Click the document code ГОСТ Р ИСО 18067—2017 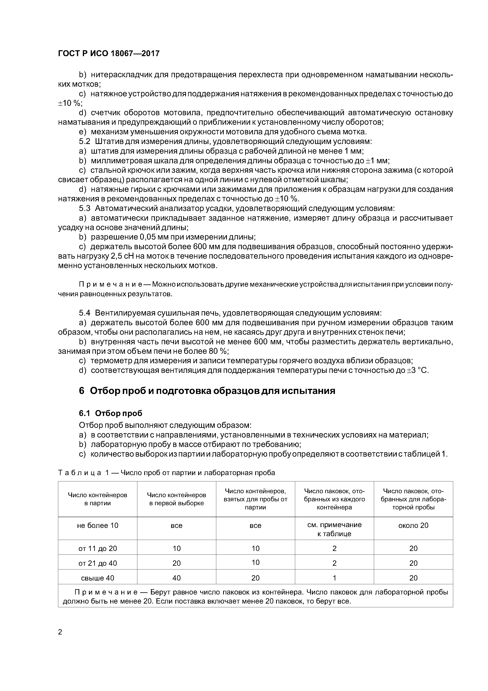[x=109, y=54]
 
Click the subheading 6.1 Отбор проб [x=110, y=413]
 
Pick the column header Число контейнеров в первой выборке [x=177, y=499]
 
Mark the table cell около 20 [x=413, y=526]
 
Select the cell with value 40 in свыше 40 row [x=177, y=578]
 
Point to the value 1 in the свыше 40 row [x=334, y=578]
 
